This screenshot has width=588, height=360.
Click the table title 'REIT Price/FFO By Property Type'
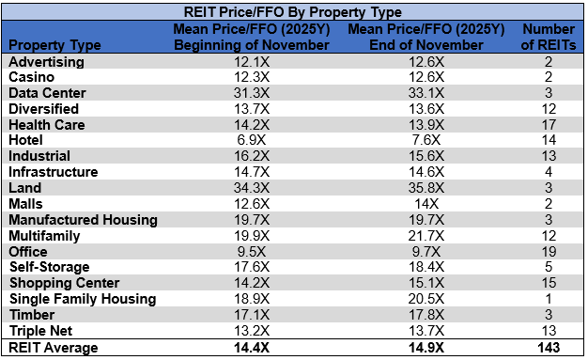[294, 12]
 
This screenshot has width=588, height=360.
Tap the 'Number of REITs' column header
[548, 37]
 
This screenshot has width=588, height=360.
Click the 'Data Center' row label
[47, 93]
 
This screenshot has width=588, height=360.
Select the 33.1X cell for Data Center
[427, 93]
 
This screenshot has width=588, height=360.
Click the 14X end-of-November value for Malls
[427, 204]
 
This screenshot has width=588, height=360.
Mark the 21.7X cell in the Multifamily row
[427, 236]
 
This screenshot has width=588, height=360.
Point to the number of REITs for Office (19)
[548, 251]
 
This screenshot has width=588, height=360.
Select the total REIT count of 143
[548, 348]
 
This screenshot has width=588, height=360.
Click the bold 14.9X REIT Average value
[427, 348]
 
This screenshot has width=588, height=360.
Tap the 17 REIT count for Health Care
[548, 124]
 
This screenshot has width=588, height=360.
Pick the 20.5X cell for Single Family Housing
[427, 299]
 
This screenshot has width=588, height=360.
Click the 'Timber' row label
[32, 315]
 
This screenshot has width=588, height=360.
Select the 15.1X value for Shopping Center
[427, 283]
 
